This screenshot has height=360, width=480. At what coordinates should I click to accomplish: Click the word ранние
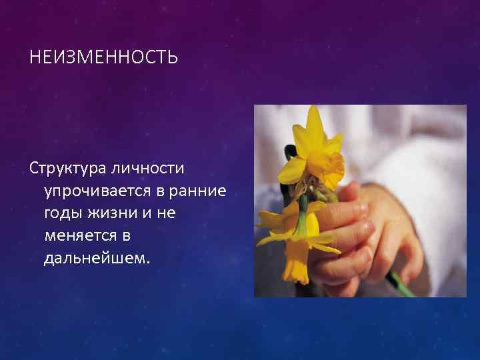click(x=198, y=191)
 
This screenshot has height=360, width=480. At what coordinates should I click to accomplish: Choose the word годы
click(x=63, y=215)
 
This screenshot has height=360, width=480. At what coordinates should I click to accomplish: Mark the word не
click(x=174, y=214)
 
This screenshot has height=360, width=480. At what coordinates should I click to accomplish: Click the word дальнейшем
click(x=97, y=257)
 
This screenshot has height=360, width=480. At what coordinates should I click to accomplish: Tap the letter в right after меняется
click(x=125, y=236)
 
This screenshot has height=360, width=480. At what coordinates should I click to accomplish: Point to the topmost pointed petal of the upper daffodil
click(x=314, y=120)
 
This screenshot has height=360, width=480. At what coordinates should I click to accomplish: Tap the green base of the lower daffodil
click(x=303, y=207)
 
